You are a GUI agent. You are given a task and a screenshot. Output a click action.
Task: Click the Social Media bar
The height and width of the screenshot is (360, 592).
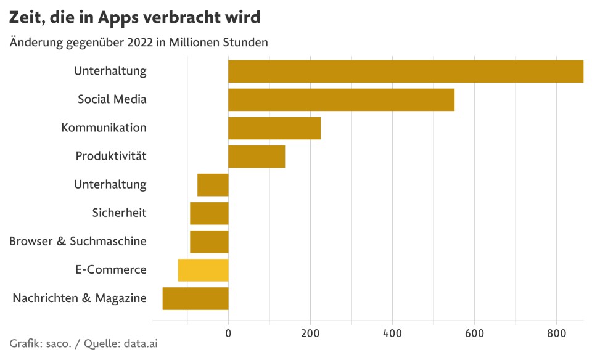click(x=341, y=100)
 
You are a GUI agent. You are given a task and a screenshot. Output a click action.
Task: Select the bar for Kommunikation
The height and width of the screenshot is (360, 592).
click(x=274, y=128)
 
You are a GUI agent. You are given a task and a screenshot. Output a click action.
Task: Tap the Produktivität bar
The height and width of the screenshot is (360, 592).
click(x=257, y=157)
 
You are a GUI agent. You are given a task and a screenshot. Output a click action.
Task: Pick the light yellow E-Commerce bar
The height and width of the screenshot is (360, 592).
click(x=203, y=271)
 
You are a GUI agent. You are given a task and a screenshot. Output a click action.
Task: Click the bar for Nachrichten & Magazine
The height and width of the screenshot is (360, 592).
click(x=195, y=299)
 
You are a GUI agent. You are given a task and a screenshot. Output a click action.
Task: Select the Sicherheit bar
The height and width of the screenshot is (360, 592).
click(x=209, y=213)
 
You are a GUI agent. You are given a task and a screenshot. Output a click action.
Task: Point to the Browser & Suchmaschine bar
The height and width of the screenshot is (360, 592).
click(x=209, y=242)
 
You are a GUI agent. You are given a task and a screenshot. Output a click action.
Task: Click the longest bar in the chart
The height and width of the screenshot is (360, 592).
click(x=405, y=72)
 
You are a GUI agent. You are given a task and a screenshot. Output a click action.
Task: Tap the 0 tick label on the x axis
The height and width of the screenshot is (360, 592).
click(x=228, y=333)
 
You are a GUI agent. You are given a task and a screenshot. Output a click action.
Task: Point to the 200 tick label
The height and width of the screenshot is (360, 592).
click(x=310, y=333)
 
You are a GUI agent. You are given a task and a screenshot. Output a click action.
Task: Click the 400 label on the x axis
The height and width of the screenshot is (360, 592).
click(x=392, y=333)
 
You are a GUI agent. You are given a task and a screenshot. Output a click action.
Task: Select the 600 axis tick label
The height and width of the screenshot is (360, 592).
click(x=474, y=333)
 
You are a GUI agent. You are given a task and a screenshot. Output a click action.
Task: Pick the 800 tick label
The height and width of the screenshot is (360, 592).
click(x=556, y=333)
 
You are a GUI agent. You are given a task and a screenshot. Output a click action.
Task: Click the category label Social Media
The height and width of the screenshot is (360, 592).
click(x=112, y=99)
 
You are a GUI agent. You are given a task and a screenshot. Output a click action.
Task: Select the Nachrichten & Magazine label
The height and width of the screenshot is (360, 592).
click(x=80, y=298)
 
